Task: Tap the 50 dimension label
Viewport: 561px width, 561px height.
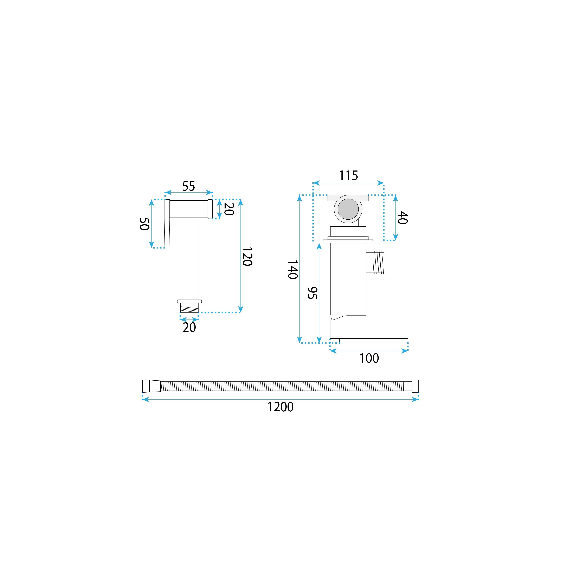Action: pos(144,224)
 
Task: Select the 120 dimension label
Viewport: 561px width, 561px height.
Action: pos(247,257)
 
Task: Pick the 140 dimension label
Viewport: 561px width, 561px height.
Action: pos(293,269)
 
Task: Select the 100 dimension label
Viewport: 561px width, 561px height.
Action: pos(369,358)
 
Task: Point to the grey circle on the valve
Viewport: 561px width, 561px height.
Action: pos(348,209)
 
